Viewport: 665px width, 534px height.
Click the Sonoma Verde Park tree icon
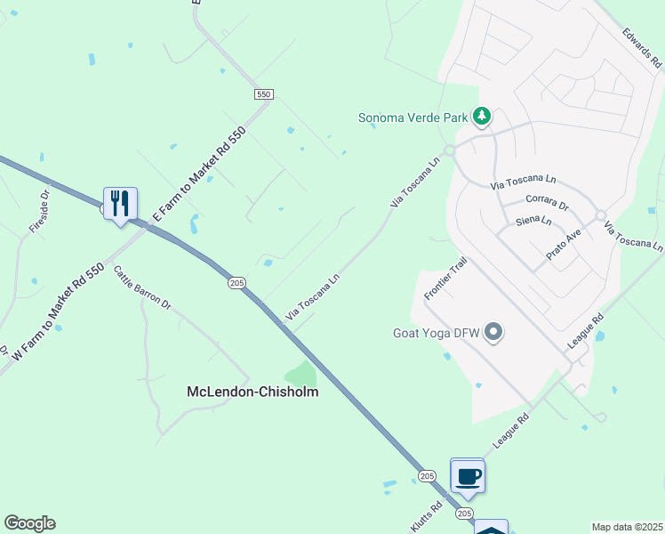(x=481, y=117)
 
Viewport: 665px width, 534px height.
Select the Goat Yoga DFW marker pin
(x=494, y=334)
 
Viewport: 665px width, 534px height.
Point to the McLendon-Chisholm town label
(x=252, y=391)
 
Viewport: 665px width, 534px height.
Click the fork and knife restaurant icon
(x=120, y=204)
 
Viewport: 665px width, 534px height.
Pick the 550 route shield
(x=263, y=94)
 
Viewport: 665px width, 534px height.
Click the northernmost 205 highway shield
(x=236, y=282)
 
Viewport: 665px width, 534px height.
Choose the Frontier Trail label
(x=445, y=279)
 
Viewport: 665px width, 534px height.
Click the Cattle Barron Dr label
(x=142, y=287)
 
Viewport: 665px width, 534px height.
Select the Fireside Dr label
(x=39, y=211)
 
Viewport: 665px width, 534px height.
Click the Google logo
(x=29, y=523)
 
